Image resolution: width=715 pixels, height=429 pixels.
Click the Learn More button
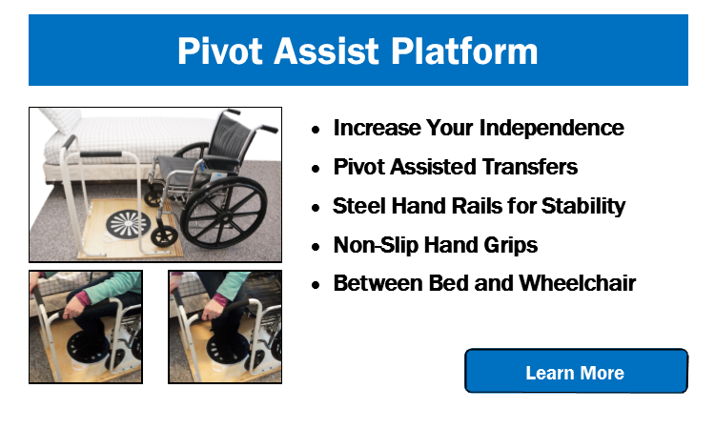(x=576, y=371)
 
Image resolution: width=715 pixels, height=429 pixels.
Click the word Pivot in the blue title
(x=220, y=51)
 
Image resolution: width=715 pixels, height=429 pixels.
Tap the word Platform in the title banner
(x=464, y=51)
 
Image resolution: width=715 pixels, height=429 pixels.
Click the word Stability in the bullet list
(x=583, y=206)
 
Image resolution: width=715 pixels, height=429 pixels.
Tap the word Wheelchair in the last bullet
(x=578, y=283)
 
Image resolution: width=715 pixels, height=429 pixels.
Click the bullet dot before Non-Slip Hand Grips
(x=316, y=247)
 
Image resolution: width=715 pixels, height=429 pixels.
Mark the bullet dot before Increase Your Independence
(x=316, y=130)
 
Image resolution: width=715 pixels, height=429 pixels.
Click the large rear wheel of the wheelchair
(x=223, y=213)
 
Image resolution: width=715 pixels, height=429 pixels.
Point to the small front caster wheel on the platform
(x=164, y=236)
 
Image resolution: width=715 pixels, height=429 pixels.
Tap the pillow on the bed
(x=63, y=119)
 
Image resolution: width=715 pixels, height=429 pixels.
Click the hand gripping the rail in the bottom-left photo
(x=73, y=311)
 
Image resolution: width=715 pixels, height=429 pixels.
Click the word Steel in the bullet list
(x=359, y=206)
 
